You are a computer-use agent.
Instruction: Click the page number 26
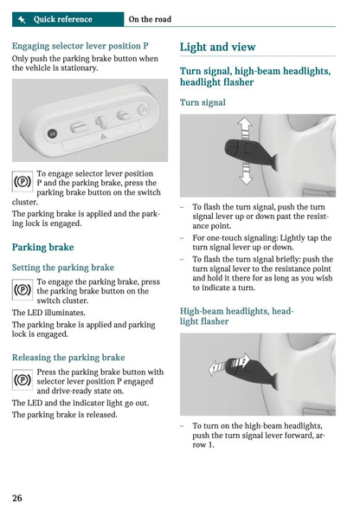point(17,497)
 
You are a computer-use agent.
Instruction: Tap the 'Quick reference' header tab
point(62,19)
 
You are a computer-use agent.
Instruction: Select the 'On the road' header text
point(150,19)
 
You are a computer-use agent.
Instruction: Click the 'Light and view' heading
point(217,48)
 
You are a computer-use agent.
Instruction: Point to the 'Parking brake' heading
point(42,247)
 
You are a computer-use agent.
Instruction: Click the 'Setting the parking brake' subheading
point(63,268)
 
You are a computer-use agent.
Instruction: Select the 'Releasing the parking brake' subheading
point(68,357)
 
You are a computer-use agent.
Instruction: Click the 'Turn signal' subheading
point(202,102)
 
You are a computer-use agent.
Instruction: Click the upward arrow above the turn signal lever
point(245,128)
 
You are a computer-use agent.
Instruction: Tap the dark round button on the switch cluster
point(51,133)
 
